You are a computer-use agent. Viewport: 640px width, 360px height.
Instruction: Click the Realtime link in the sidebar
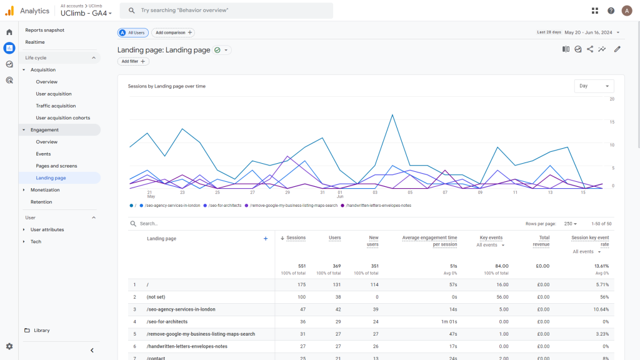pyautogui.click(x=35, y=42)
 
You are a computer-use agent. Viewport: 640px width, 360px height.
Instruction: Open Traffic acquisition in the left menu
pyautogui.click(x=56, y=106)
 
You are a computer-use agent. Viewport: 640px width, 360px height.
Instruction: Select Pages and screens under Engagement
pyautogui.click(x=56, y=166)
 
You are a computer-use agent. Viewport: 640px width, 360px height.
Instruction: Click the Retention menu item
pyautogui.click(x=41, y=202)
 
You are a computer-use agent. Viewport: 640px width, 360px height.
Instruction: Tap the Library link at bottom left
pyautogui.click(x=42, y=330)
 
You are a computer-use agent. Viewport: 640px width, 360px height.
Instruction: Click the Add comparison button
pyautogui.click(x=173, y=32)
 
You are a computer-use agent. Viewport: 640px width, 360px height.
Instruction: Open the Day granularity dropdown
pyautogui.click(x=594, y=86)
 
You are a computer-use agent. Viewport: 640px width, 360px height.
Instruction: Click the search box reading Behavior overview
pyautogui.click(x=226, y=11)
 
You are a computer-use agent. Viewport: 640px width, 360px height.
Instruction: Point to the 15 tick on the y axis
pyautogui.click(x=612, y=122)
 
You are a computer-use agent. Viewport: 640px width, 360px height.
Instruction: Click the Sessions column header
pyautogui.click(x=296, y=237)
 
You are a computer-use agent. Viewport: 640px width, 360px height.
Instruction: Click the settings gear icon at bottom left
pyautogui.click(x=9, y=346)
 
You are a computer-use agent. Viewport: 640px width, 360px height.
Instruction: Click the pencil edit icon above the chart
pyautogui.click(x=617, y=49)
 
